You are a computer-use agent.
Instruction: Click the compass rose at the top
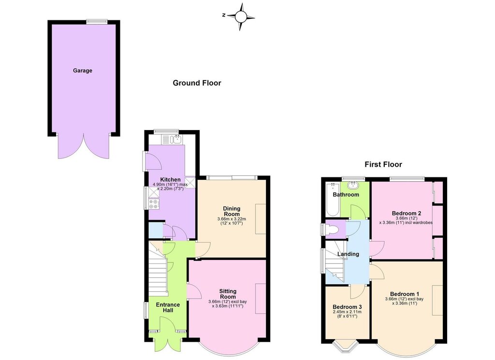pos(241,17)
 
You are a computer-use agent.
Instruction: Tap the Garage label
pos(83,71)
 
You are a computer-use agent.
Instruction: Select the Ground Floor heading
pos(197,83)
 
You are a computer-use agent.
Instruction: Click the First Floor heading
pos(383,164)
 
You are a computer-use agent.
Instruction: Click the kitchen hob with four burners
pos(153,204)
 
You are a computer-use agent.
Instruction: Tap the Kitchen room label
pos(170,180)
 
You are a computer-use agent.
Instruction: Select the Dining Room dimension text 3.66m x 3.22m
pos(232,219)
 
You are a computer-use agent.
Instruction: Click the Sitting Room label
pos(228,294)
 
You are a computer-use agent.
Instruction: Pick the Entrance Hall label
pos(168,307)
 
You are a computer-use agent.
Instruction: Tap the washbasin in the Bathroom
pos(352,185)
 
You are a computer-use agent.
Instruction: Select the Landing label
pos(348,254)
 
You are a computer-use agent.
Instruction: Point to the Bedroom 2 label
pos(407,213)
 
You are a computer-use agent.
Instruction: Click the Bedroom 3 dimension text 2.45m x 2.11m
pos(347,312)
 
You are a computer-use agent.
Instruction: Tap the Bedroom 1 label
pos(405,294)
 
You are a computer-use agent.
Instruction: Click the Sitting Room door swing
pos(194,291)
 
